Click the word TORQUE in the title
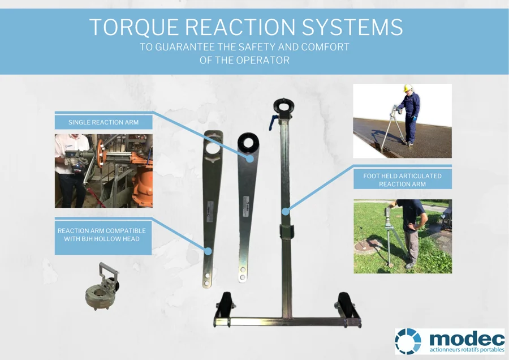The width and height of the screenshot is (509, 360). [x=135, y=27]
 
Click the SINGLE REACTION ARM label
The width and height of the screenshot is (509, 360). [x=103, y=122]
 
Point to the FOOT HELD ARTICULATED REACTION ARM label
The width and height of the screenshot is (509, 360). [x=402, y=180]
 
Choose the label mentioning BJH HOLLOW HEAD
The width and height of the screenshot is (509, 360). [x=102, y=235]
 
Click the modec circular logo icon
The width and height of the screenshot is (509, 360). [x=408, y=341]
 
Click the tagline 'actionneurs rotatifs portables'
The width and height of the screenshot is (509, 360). [x=467, y=350]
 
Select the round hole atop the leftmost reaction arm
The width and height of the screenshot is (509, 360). [x=213, y=148]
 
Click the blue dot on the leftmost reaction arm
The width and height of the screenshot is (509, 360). [x=208, y=250]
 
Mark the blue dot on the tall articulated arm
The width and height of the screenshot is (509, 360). [x=286, y=212]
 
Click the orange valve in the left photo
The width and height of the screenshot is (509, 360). [x=139, y=170]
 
